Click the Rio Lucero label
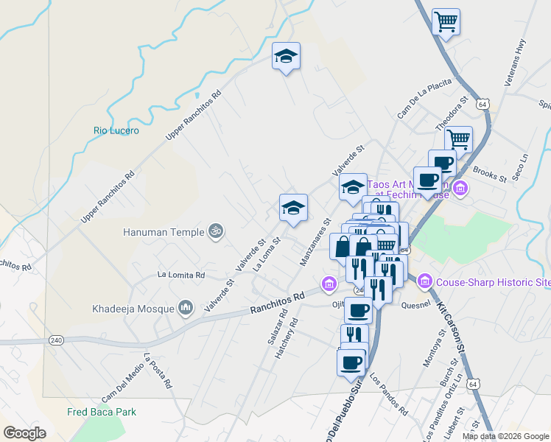click(x=116, y=130)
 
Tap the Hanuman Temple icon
click(x=216, y=231)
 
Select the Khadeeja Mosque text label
click(x=133, y=309)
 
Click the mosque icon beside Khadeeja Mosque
click(x=186, y=306)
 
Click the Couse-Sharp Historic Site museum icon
click(x=424, y=281)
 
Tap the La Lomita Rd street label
click(x=180, y=275)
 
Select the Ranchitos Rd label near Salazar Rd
click(x=277, y=303)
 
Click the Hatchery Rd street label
click(x=286, y=337)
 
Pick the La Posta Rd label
click(x=158, y=371)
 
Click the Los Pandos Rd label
click(x=389, y=396)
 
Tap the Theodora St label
click(x=452, y=114)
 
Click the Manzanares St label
click(x=315, y=241)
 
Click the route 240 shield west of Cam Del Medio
click(x=57, y=340)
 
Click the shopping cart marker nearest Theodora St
click(x=458, y=138)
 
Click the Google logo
click(x=25, y=433)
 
